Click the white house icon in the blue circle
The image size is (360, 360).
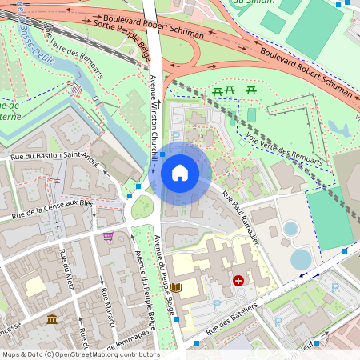click(180, 173)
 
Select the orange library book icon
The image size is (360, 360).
click(177, 287)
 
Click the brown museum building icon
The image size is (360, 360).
click(52, 320)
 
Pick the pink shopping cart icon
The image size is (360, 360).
click(108, 236)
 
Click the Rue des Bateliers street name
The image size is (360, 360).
click(233, 318)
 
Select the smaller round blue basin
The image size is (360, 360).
click(290, 229)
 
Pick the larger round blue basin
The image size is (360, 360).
click(302, 259)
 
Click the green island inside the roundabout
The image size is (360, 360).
click(142, 207)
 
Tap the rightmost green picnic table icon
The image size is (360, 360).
click(251, 90)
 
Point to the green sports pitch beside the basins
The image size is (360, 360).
click(329, 218)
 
